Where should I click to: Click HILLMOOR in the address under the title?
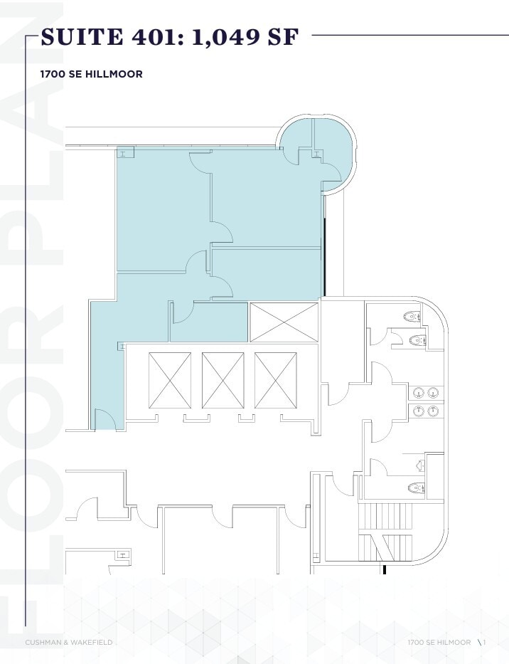point(117,74)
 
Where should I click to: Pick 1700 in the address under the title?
point(53,74)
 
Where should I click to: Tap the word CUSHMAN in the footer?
point(45,643)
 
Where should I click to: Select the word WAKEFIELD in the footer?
point(92,643)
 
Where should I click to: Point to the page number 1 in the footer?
point(484,643)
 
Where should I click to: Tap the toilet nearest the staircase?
point(415,488)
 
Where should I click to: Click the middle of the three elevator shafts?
point(223,380)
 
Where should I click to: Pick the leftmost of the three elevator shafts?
point(169,380)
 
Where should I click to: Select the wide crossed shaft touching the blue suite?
point(284,322)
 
